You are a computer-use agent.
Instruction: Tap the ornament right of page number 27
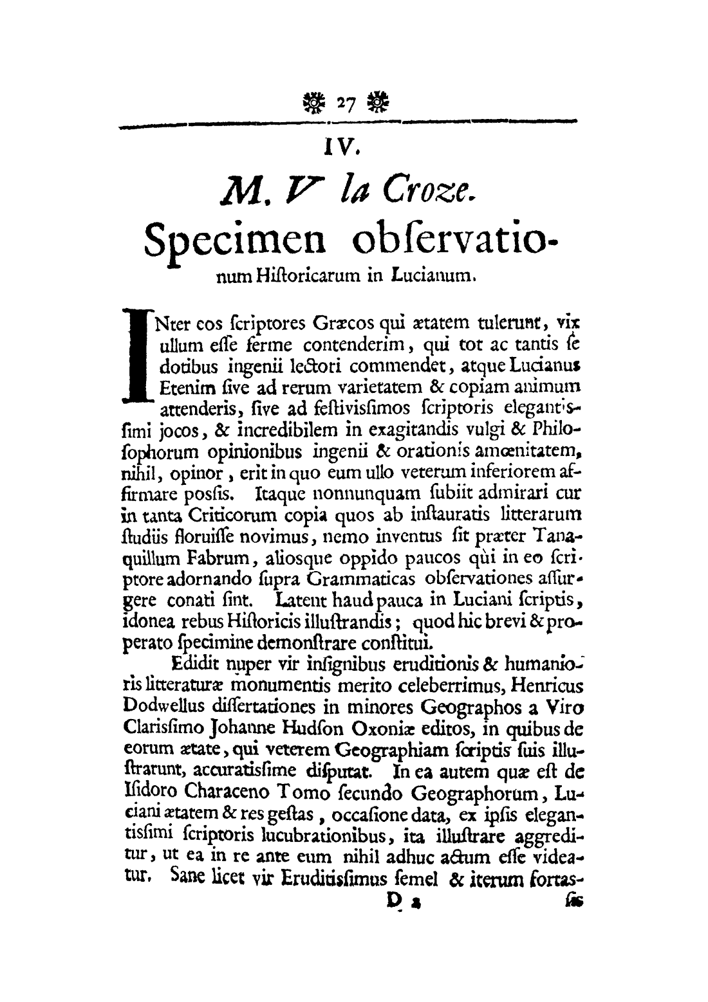click(375, 101)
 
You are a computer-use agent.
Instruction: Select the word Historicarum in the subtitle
click(300, 278)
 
